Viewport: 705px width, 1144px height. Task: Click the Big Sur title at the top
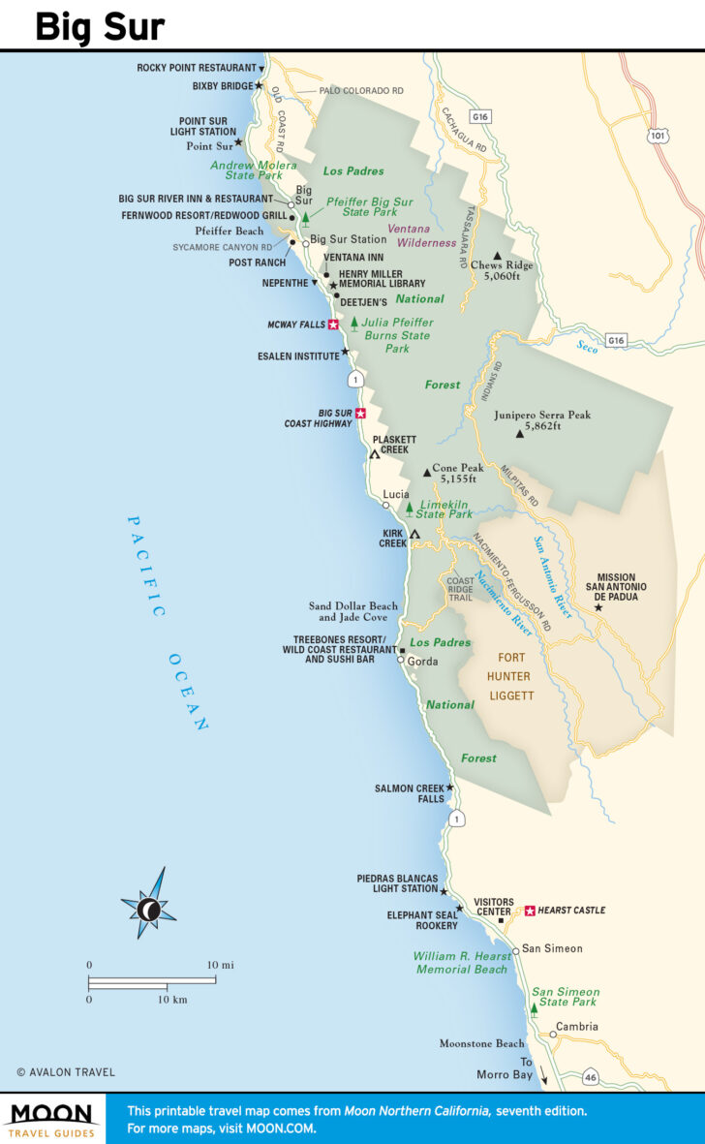click(x=100, y=26)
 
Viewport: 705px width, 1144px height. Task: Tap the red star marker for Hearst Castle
click(x=530, y=911)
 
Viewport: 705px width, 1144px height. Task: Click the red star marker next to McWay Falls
click(x=334, y=325)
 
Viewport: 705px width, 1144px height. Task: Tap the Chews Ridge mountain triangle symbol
click(x=498, y=256)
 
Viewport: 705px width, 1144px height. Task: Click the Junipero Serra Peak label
click(x=541, y=420)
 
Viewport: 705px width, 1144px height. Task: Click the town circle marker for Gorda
click(x=401, y=660)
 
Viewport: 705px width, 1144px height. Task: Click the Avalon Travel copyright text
click(x=66, y=1072)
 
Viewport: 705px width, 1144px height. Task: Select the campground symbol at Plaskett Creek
click(x=375, y=453)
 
